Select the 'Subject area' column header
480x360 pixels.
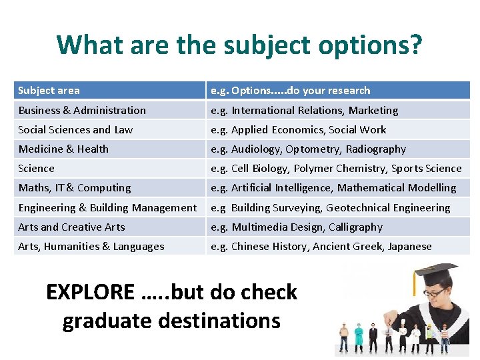pos(49,91)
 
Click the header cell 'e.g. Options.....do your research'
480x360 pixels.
pos(290,91)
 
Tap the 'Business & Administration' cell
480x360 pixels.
pos(82,111)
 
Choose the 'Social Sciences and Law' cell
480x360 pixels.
pos(75,130)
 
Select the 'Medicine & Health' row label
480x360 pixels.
pos(63,149)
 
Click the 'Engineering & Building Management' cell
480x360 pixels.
pos(107,208)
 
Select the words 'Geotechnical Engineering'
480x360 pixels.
pos(388,208)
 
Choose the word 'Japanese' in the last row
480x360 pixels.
pos(409,247)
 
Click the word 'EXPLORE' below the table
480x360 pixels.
pos(90,292)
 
